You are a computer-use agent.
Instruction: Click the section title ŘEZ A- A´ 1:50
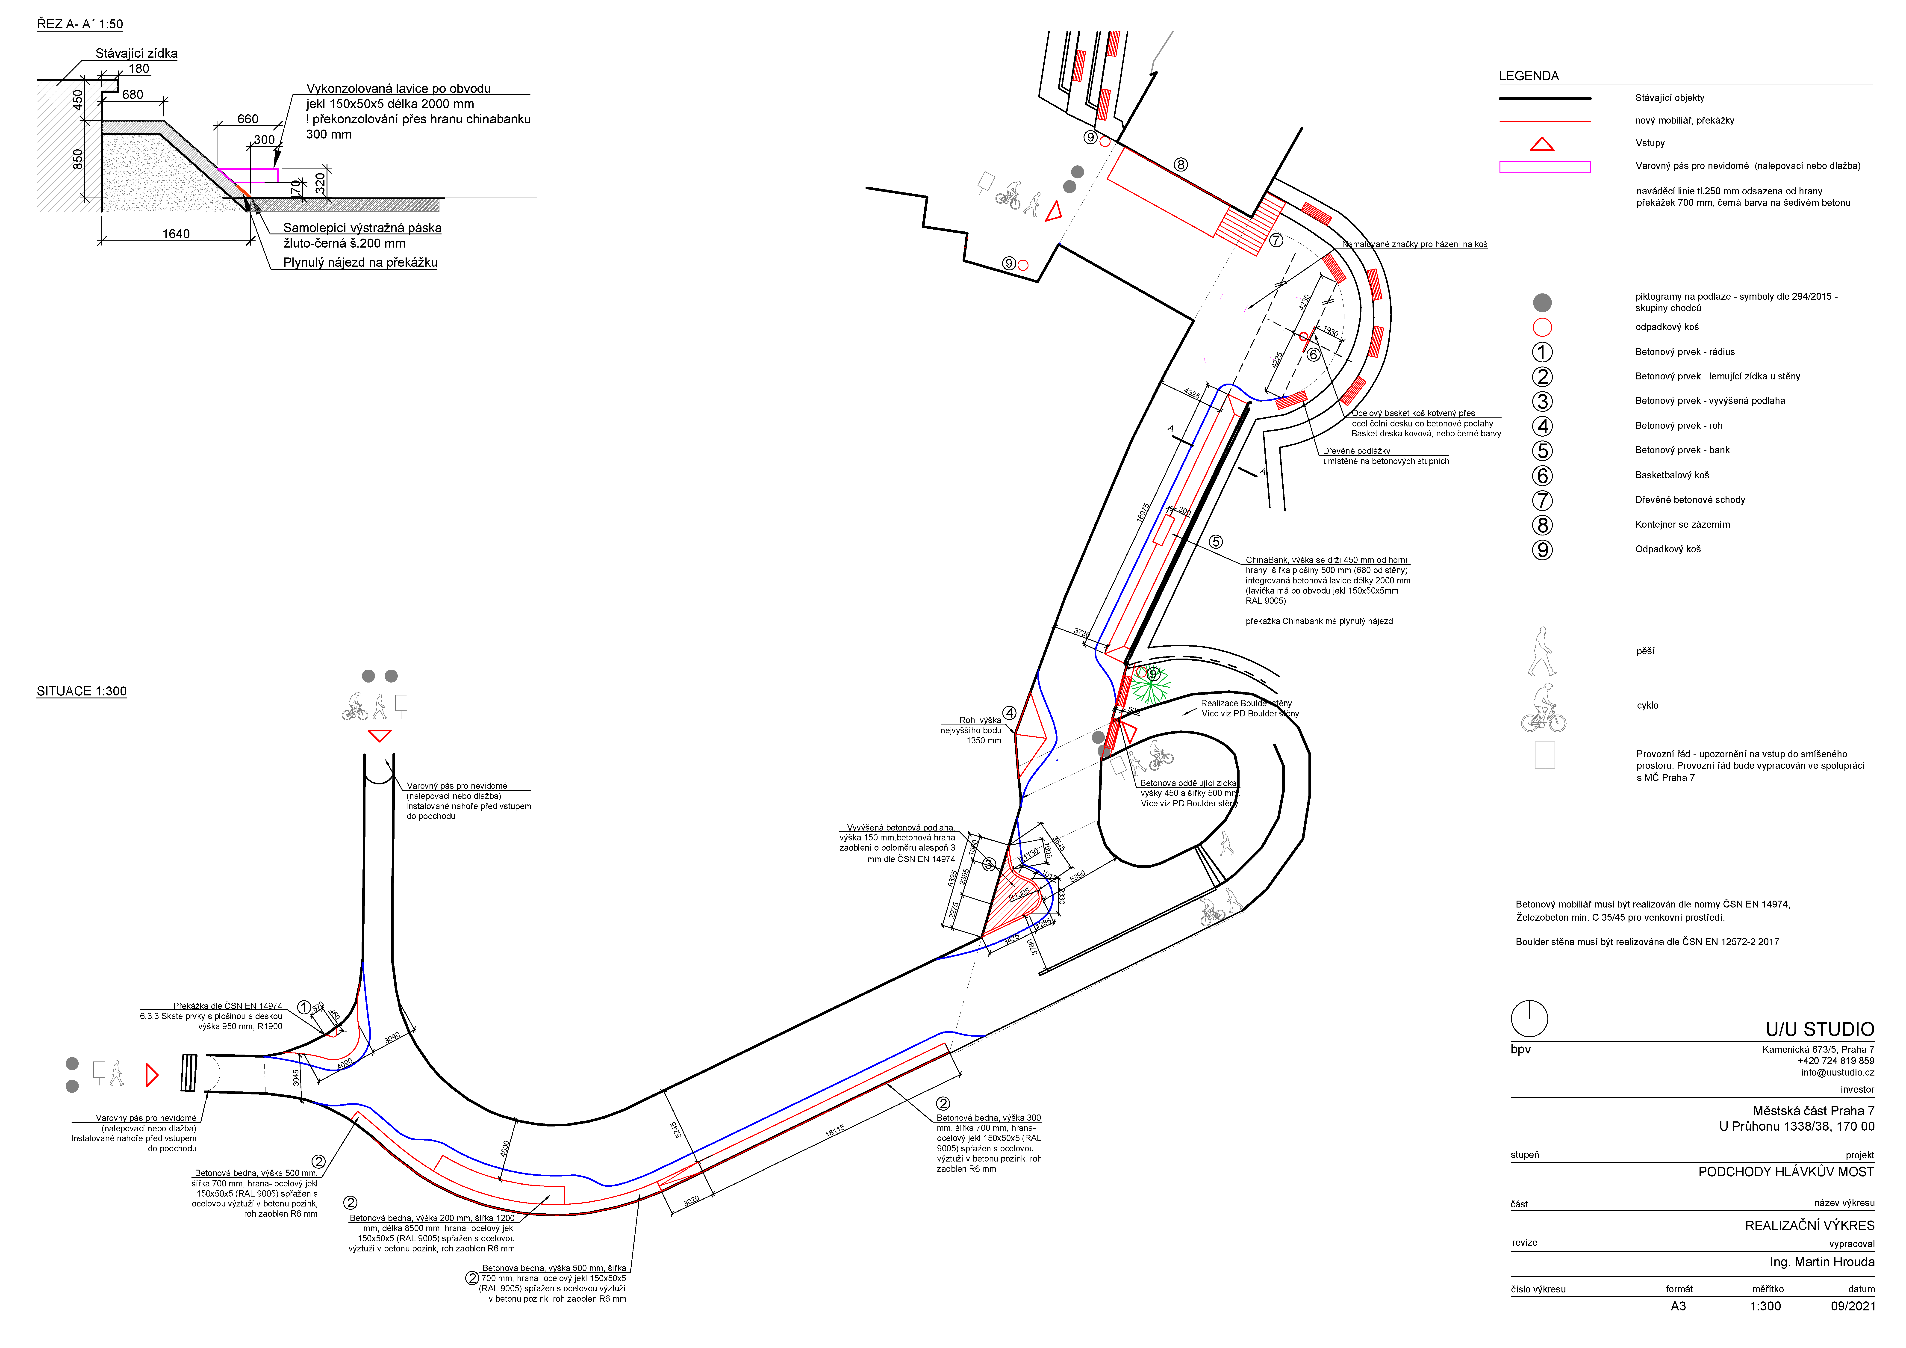(80, 24)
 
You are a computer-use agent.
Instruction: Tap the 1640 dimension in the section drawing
(176, 234)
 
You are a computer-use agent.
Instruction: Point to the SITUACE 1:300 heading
(81, 691)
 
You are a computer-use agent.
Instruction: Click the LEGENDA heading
(1528, 76)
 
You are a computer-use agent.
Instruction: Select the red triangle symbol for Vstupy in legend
(1542, 145)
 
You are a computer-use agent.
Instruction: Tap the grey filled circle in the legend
(1542, 302)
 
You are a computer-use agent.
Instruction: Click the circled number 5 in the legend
(1542, 451)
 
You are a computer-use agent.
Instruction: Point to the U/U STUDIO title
(1819, 1029)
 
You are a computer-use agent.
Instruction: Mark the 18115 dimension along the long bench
(835, 1131)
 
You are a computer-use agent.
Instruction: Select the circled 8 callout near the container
(1181, 164)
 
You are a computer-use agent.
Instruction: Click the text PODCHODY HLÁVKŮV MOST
(1786, 1172)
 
